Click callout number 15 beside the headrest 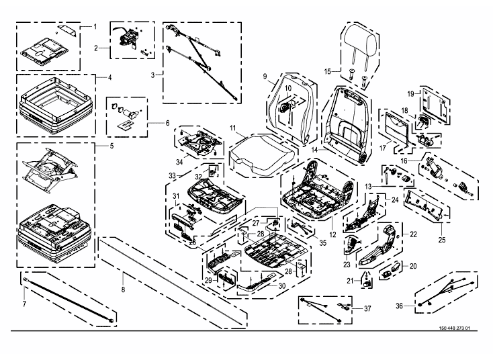[328, 71]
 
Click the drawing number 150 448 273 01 [457, 329]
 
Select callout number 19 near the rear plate [410, 94]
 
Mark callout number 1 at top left [94, 26]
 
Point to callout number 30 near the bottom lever [281, 285]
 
